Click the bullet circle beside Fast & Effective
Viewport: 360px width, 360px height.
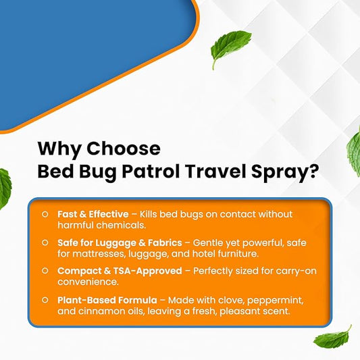click(x=45, y=214)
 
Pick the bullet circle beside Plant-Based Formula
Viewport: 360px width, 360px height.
click(x=45, y=299)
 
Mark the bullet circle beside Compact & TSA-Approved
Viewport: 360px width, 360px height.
click(x=45, y=270)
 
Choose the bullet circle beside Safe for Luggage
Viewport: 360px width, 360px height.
click(x=45, y=242)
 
